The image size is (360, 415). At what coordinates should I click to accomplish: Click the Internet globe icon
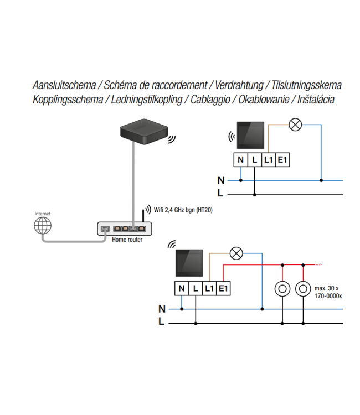42,225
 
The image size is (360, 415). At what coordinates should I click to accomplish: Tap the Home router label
127,240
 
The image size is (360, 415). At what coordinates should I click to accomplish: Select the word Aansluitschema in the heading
63,85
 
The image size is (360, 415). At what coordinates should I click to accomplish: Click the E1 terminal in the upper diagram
283,160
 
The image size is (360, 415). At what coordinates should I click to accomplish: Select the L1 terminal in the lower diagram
209,288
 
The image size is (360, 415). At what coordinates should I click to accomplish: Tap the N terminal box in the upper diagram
240,160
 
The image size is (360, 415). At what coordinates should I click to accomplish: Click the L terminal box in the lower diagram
196,288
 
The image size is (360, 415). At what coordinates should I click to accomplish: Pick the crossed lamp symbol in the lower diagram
236,254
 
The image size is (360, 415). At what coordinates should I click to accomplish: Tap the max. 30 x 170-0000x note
328,292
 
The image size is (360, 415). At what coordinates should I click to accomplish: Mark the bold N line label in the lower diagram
162,309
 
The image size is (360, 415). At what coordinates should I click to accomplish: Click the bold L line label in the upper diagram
220,194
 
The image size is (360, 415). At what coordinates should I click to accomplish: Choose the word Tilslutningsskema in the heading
304,85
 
